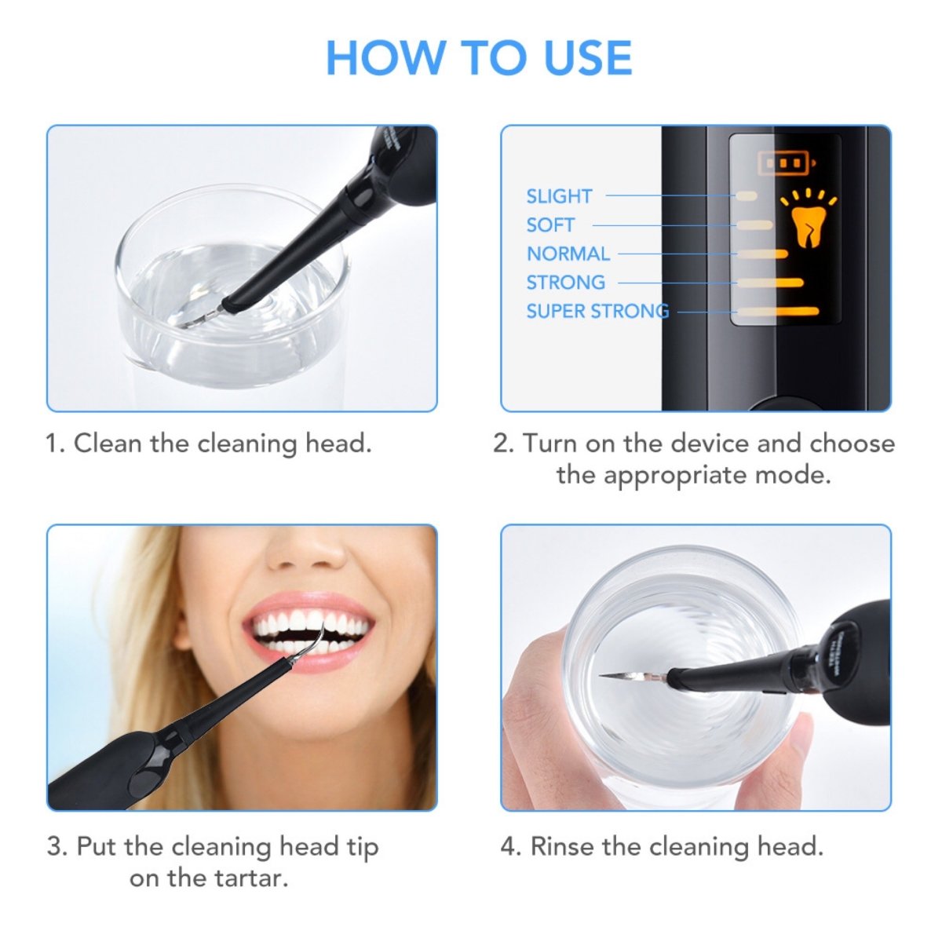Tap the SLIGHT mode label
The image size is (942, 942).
click(559, 196)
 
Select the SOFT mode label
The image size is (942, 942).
click(550, 225)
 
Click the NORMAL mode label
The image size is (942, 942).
click(568, 254)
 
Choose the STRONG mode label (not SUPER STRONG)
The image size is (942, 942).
click(565, 283)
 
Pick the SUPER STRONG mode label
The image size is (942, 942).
click(597, 311)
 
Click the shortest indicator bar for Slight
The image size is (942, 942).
click(745, 195)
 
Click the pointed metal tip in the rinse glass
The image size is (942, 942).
click(620, 675)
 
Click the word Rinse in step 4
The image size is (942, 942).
click(562, 847)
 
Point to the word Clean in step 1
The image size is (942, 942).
click(108, 444)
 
